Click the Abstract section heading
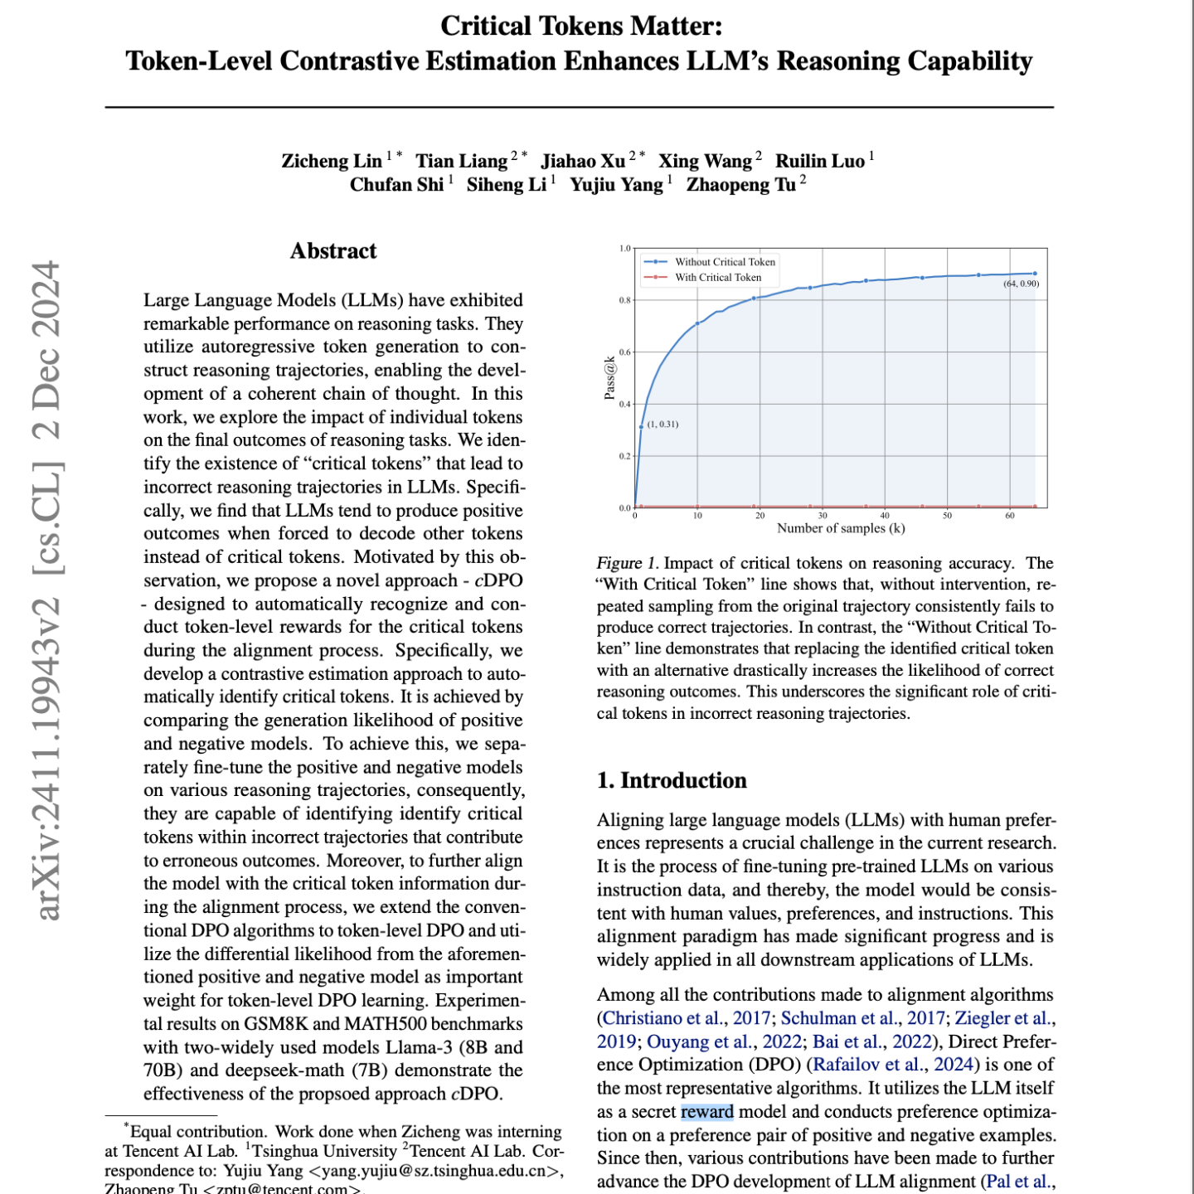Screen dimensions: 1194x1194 click(x=333, y=251)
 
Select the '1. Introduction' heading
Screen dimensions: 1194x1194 click(x=672, y=780)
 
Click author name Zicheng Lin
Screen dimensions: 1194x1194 click(x=332, y=161)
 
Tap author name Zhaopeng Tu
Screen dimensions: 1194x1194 click(x=740, y=184)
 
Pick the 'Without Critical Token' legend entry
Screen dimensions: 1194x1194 click(x=725, y=262)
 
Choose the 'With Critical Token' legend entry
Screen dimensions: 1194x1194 click(x=717, y=278)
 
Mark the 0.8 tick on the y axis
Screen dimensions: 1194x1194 click(x=624, y=300)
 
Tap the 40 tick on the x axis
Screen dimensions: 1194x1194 click(x=885, y=516)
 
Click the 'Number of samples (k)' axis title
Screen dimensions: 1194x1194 click(x=841, y=528)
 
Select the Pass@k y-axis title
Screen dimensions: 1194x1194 click(x=609, y=378)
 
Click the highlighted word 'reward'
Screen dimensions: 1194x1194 click(x=707, y=1112)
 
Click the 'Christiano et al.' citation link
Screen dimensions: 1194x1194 click(x=662, y=1018)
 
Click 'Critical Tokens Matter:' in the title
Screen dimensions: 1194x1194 click(x=581, y=26)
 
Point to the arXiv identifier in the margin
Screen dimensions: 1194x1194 click(x=48, y=590)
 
